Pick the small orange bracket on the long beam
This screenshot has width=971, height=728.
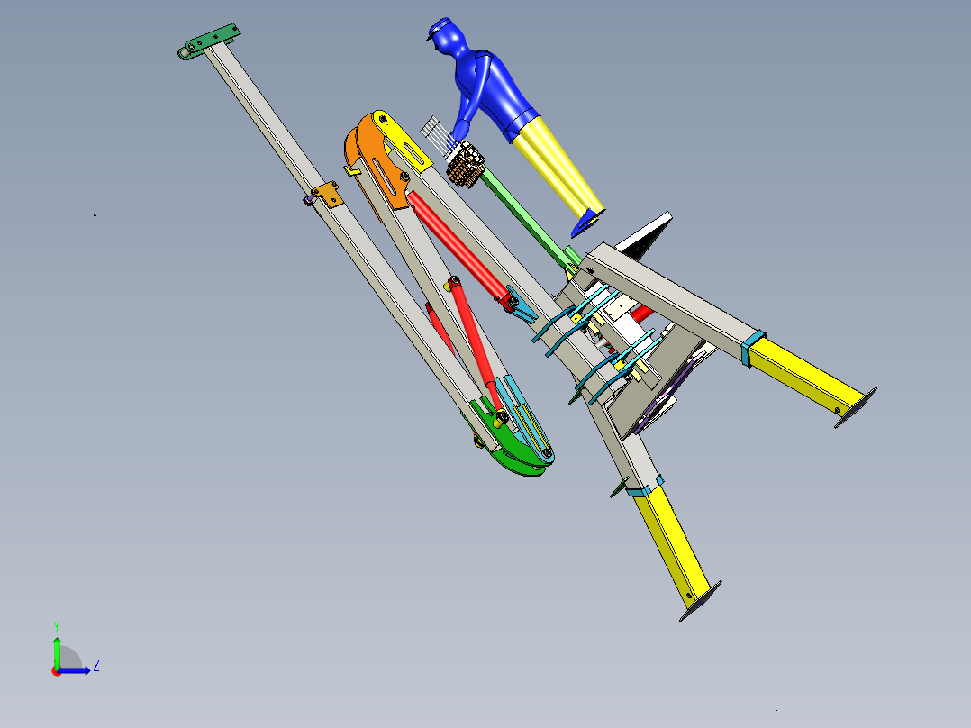coord(326,195)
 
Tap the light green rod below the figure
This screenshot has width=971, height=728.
coord(527,216)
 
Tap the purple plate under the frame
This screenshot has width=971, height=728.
coord(676,387)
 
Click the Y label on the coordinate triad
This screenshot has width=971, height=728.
coord(56,625)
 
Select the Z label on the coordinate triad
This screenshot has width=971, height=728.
coord(96,666)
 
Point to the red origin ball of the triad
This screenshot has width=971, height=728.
coord(57,671)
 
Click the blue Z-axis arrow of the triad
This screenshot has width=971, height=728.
coord(77,670)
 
